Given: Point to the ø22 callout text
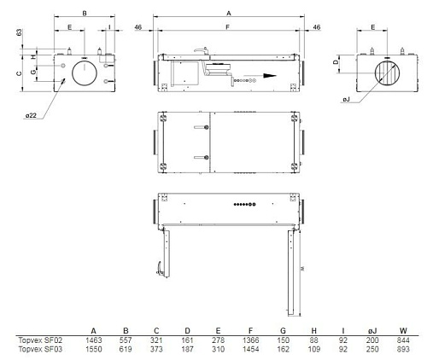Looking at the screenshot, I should [31, 114].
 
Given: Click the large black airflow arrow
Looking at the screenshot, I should [270, 74].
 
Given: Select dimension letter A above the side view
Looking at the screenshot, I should [228, 14].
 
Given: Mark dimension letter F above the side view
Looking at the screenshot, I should [227, 28].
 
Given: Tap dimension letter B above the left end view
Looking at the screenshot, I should [84, 14].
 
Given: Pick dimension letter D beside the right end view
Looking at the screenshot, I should [336, 62].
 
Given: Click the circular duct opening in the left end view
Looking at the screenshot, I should [85, 72].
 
